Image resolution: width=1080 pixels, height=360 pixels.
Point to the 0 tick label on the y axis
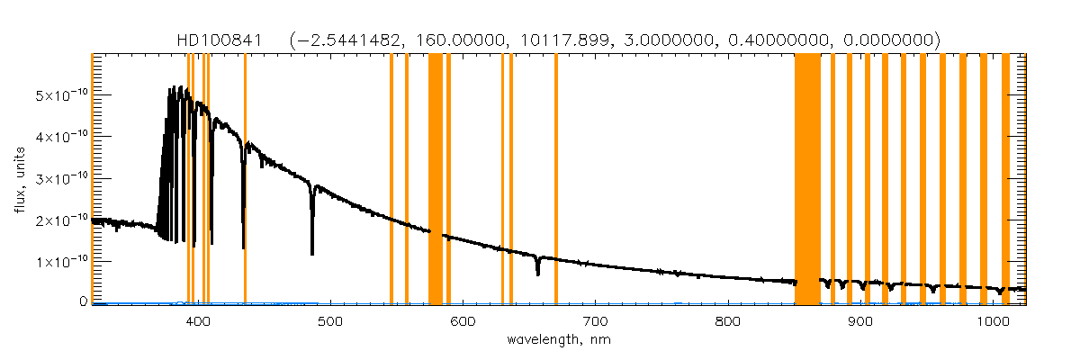pos(83,301)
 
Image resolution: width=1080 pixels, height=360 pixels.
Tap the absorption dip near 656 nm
pos(537,270)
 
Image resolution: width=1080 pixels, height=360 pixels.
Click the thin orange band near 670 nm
pos(556,180)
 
